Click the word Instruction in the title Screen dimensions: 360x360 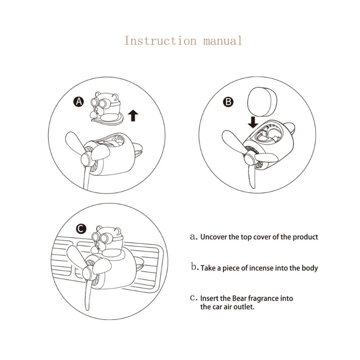[x=160, y=41]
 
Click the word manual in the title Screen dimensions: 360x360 [x=223, y=41]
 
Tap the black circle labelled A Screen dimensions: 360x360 [x=78, y=102]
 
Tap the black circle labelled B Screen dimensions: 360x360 [x=228, y=102]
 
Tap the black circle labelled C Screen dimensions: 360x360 [x=81, y=229]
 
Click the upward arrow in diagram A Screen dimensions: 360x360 [x=133, y=116]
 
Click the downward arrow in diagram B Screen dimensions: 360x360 [x=253, y=122]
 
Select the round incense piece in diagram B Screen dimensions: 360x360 [x=262, y=102]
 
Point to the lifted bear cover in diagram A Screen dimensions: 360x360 [x=107, y=108]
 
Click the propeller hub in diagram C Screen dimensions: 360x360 [x=87, y=273]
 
